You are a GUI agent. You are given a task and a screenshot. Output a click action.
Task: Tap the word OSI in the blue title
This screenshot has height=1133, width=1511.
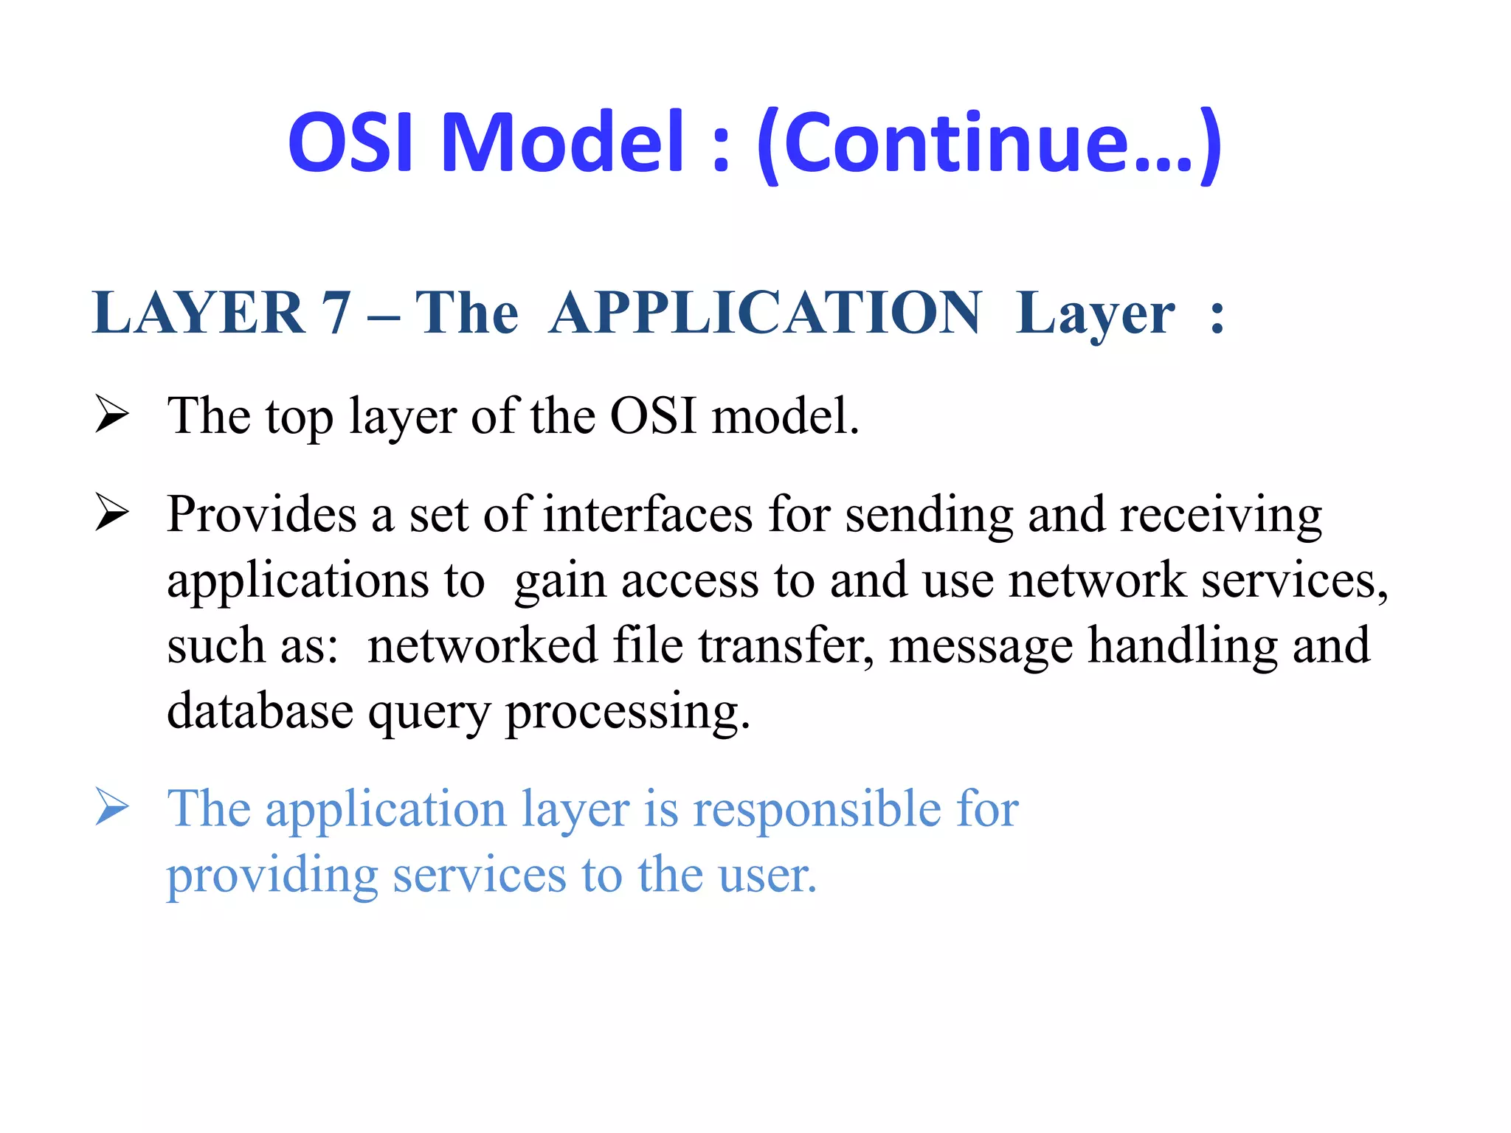(x=350, y=142)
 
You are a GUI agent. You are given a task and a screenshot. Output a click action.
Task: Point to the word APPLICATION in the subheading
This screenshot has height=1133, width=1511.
(x=765, y=313)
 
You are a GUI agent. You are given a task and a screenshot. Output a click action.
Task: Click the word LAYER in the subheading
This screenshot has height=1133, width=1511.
(x=198, y=313)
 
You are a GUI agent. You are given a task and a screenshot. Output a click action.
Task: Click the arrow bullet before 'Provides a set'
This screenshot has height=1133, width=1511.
(x=112, y=512)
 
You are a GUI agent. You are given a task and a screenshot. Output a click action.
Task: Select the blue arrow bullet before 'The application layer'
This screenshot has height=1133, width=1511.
(x=112, y=807)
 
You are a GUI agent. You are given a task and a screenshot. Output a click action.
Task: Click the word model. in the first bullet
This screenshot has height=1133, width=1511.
(x=785, y=416)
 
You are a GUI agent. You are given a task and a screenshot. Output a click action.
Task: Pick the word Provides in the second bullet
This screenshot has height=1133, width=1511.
(x=262, y=514)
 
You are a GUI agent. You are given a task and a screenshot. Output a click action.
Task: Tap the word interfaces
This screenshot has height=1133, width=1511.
(x=648, y=514)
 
